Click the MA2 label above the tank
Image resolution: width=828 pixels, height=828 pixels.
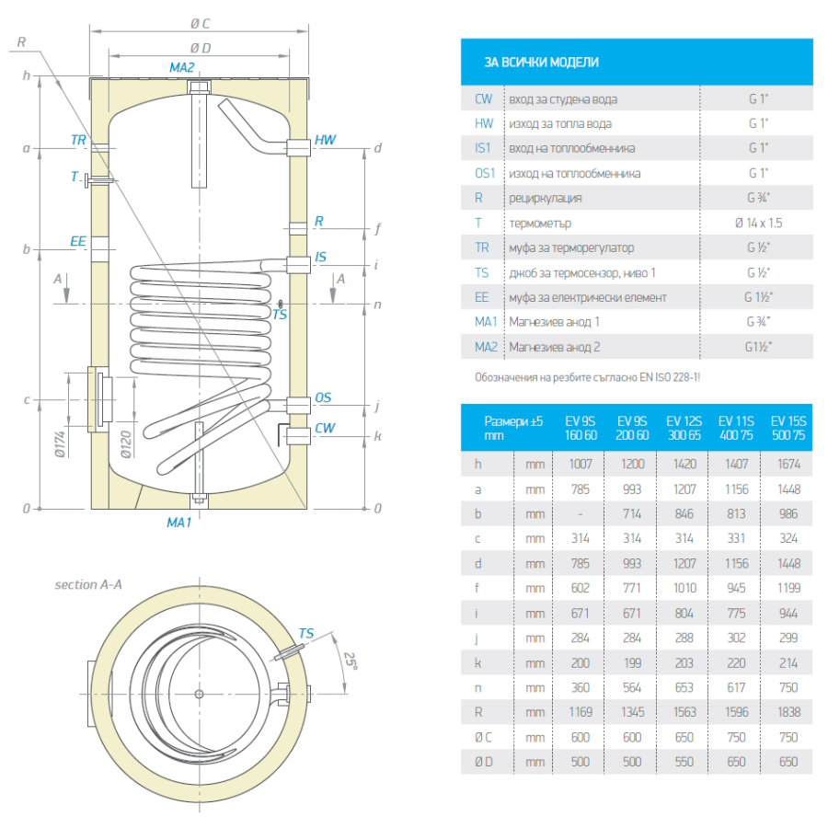[x=182, y=67]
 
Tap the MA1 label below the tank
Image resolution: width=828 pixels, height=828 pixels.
[x=178, y=523]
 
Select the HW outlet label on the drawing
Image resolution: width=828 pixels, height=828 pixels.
[x=325, y=140]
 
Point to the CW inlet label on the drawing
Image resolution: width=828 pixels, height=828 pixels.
[x=325, y=428]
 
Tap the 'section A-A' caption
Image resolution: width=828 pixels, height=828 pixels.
[x=88, y=584]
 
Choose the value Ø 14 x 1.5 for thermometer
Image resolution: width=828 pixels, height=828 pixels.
[x=758, y=223]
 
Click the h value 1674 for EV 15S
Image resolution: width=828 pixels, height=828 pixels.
[x=788, y=465]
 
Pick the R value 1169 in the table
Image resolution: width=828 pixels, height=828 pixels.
[x=581, y=712]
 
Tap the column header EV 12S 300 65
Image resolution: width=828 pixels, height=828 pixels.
[x=684, y=428]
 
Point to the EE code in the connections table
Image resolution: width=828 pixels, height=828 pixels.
[x=483, y=297]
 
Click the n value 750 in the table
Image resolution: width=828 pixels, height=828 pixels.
[x=788, y=687]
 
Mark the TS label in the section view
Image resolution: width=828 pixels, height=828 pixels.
[x=306, y=633]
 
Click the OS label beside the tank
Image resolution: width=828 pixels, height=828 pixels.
[x=323, y=397]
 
